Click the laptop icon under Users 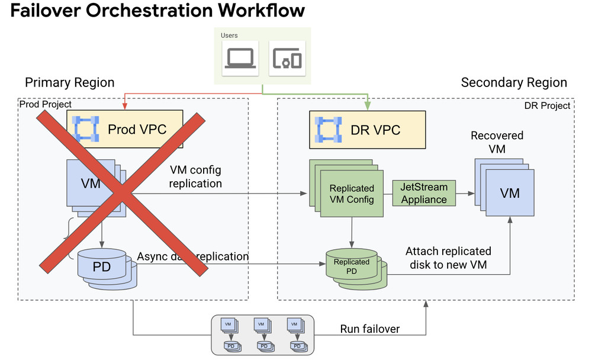click(239, 58)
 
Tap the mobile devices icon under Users click(287, 58)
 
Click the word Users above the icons click(229, 36)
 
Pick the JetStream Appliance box click(424, 193)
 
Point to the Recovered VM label click(497, 143)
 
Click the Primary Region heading click(70, 82)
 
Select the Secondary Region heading click(514, 83)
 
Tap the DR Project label click(548, 105)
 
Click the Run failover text click(370, 329)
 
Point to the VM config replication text click(195, 176)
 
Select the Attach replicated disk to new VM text click(448, 258)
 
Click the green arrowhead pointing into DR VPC click(368, 107)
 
